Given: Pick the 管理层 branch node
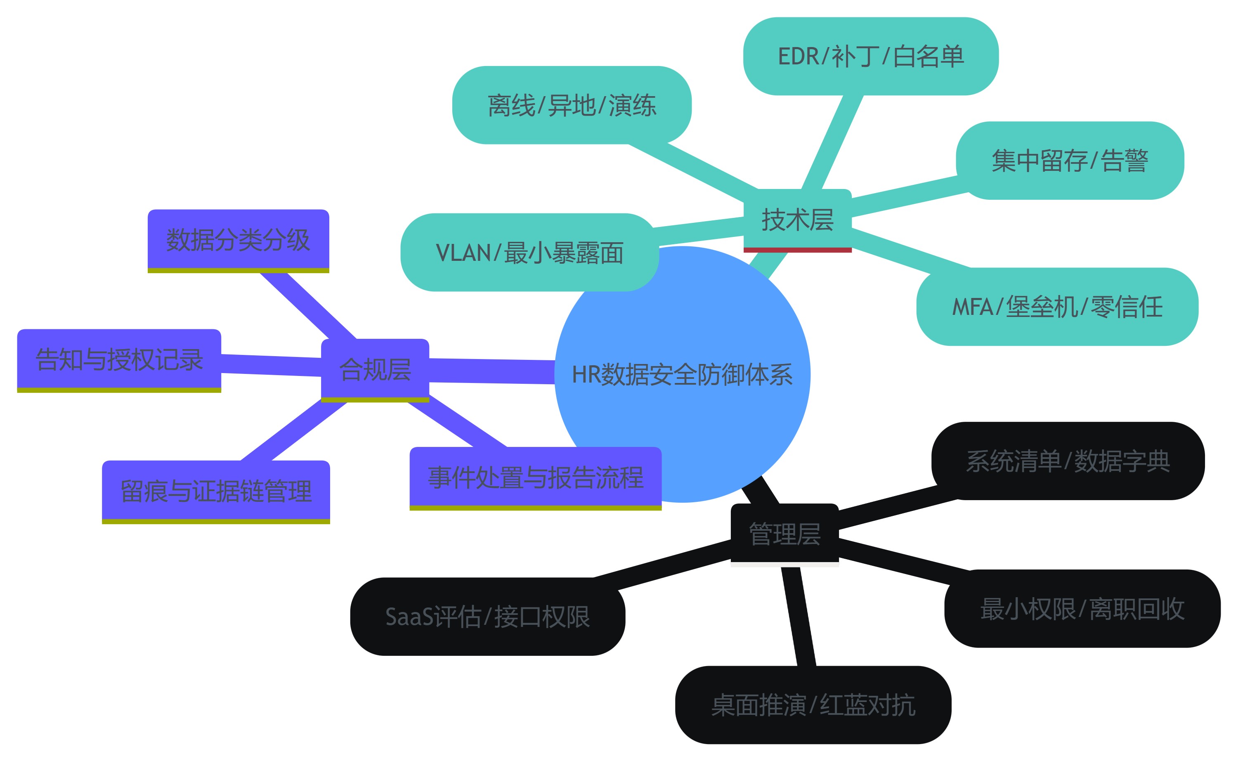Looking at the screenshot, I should click(784, 534).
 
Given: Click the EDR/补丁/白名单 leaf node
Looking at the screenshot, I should click(871, 57).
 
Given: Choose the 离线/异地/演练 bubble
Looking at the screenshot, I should click(572, 105).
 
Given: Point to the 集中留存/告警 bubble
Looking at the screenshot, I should click(1070, 161).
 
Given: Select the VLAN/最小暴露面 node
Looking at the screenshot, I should click(529, 252).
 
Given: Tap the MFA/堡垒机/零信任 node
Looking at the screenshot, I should click(1057, 307).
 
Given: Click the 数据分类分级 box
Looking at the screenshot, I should click(238, 240).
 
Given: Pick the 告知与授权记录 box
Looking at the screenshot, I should click(119, 359).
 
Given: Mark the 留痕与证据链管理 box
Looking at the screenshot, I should click(216, 491).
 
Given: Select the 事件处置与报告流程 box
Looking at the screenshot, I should click(536, 477).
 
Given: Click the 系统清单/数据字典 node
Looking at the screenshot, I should click(1068, 461).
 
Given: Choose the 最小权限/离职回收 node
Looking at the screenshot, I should click(1082, 608).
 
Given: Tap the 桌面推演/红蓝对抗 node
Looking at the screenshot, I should click(813, 704).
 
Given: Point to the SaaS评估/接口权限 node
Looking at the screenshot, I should click(488, 617).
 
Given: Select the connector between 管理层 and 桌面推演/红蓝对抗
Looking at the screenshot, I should click(799, 617).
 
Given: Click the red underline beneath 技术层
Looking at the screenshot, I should click(797, 250).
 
